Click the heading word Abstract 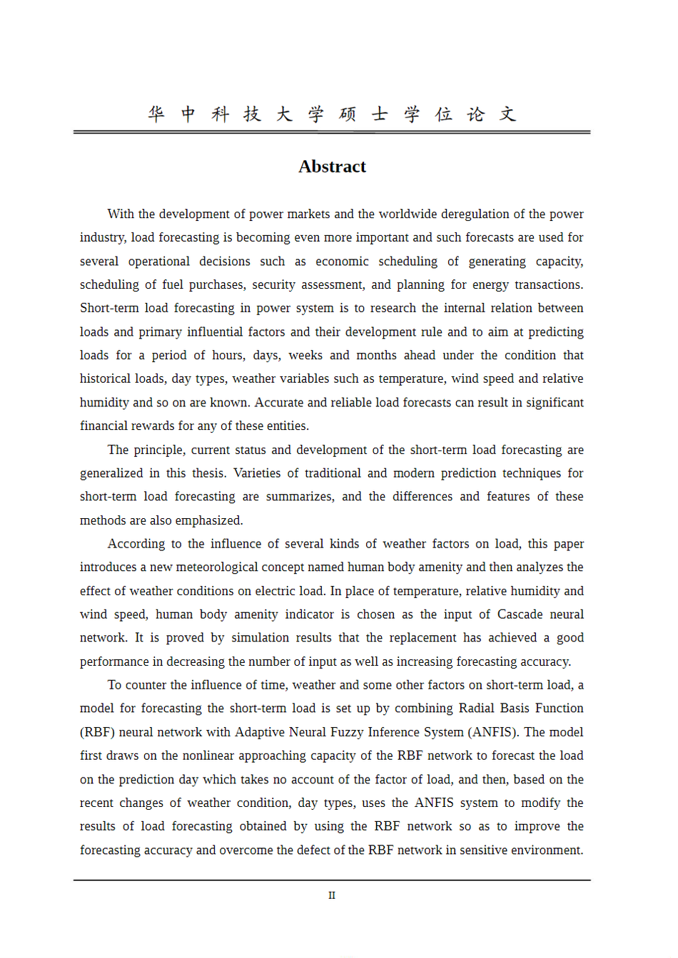point(332,167)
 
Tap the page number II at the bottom point(332,895)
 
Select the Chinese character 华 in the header point(156,114)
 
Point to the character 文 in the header point(507,114)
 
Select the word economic point(342,262)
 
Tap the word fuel point(173,285)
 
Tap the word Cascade point(520,614)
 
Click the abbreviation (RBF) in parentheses point(96,733)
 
